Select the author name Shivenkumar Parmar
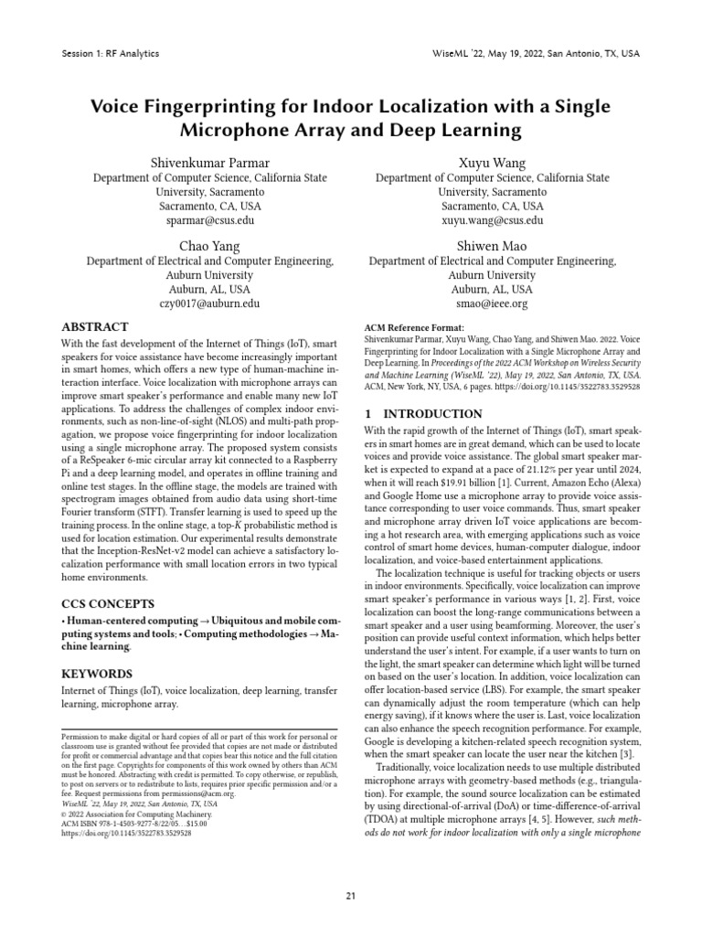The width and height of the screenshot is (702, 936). click(x=209, y=163)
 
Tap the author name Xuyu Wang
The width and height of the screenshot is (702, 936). click(x=492, y=163)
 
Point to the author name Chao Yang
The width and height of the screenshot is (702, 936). click(x=209, y=245)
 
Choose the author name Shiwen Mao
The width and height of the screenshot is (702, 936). click(x=492, y=245)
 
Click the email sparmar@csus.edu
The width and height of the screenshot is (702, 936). click(x=209, y=221)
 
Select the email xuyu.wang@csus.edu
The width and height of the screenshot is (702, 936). click(x=492, y=221)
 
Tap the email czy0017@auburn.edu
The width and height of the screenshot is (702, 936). click(x=209, y=303)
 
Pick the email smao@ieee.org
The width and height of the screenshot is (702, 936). click(x=492, y=303)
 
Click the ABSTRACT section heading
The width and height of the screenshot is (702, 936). click(x=94, y=327)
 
